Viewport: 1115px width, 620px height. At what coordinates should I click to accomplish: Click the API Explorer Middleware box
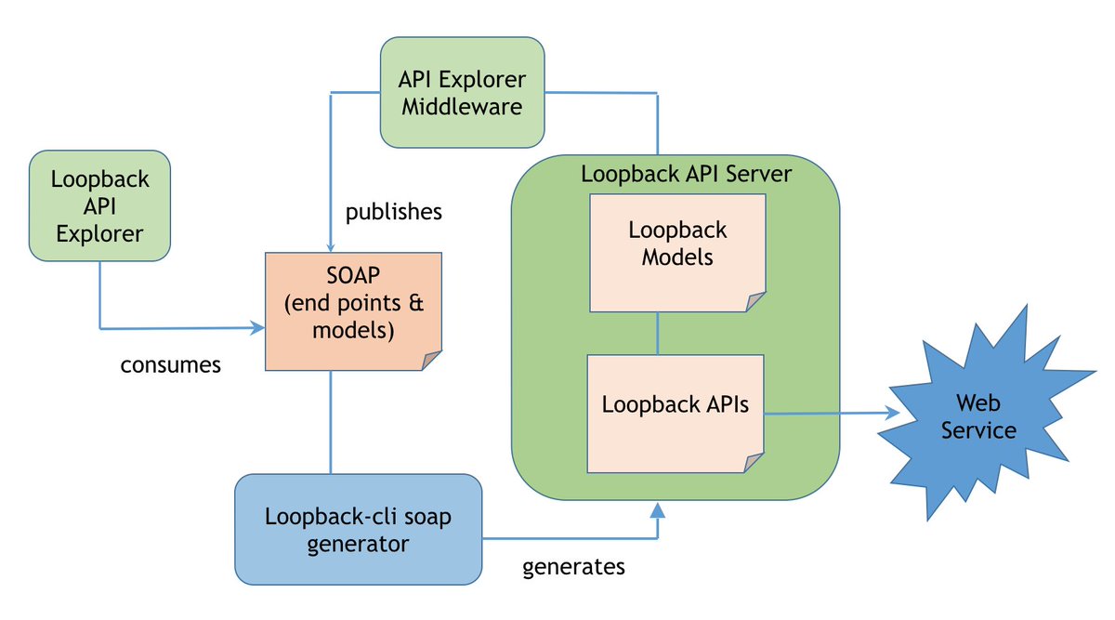(x=462, y=92)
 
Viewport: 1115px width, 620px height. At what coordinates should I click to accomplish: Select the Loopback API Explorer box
(x=99, y=205)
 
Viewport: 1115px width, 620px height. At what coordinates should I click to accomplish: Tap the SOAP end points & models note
(x=353, y=311)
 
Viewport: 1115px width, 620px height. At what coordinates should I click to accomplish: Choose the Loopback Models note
(x=677, y=253)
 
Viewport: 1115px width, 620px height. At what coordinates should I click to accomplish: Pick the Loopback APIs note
(x=676, y=414)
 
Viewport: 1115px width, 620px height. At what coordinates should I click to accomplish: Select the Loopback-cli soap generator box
(x=359, y=529)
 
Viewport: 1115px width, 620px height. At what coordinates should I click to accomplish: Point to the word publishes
(x=394, y=212)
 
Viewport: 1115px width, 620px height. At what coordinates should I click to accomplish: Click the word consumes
(x=171, y=365)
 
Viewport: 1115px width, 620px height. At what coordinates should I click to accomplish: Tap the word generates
(x=573, y=567)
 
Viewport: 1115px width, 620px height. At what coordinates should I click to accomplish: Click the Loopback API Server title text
(x=686, y=174)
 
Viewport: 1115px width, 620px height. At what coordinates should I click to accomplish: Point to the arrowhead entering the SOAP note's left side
(x=256, y=328)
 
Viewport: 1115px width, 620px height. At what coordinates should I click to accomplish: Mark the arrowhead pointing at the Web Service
(x=892, y=413)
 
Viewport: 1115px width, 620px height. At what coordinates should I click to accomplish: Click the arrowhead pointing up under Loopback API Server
(x=658, y=509)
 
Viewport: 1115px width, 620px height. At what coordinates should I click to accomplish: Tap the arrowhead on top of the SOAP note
(x=331, y=247)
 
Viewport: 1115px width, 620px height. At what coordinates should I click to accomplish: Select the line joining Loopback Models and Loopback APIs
(x=658, y=333)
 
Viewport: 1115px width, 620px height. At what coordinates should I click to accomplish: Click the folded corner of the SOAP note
(x=431, y=360)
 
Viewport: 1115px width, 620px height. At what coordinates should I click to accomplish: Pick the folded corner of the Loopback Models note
(x=755, y=302)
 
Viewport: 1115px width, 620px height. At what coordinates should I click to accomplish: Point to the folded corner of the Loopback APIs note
(x=754, y=463)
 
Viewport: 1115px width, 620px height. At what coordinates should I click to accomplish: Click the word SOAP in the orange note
(x=353, y=275)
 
